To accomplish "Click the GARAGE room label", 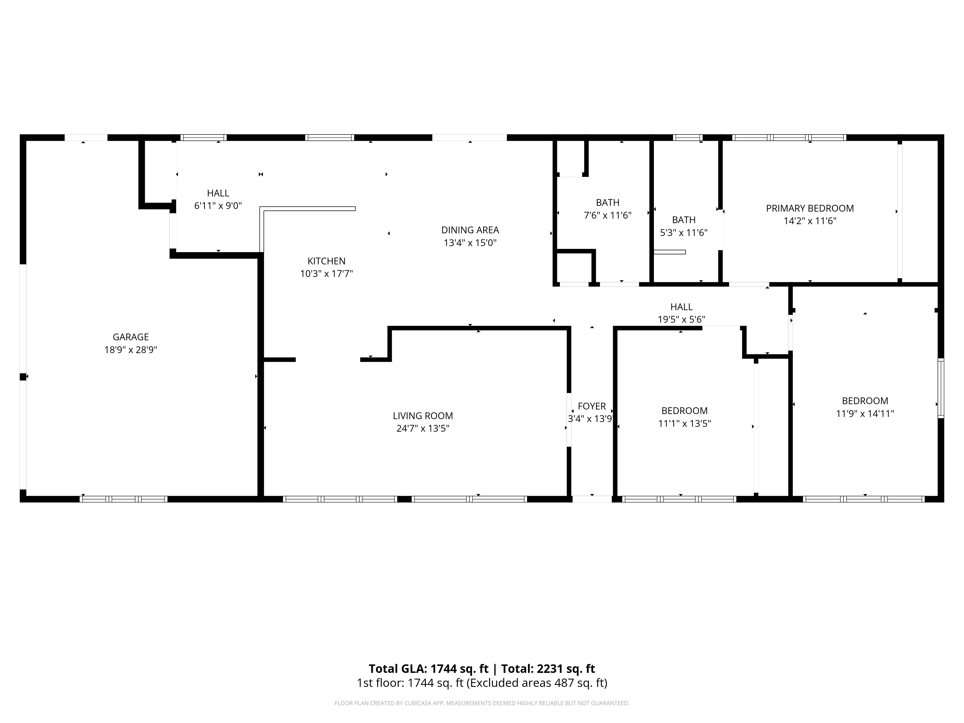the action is pyautogui.click(x=131, y=337).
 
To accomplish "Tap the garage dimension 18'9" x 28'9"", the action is pyautogui.click(x=131, y=349).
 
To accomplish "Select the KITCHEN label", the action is pyautogui.click(x=326, y=261).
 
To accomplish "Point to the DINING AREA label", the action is pyautogui.click(x=470, y=230).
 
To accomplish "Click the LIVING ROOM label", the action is pyautogui.click(x=423, y=416).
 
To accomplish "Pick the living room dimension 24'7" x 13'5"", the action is pyautogui.click(x=423, y=428).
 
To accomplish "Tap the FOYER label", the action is pyautogui.click(x=592, y=406).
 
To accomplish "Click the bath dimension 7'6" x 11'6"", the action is pyautogui.click(x=608, y=215).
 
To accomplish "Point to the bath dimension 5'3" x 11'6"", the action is pyautogui.click(x=684, y=233).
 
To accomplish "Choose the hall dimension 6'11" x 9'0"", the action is pyautogui.click(x=218, y=206).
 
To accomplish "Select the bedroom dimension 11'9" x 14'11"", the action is pyautogui.click(x=865, y=414).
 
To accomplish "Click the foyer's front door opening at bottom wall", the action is pyautogui.click(x=592, y=499).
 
